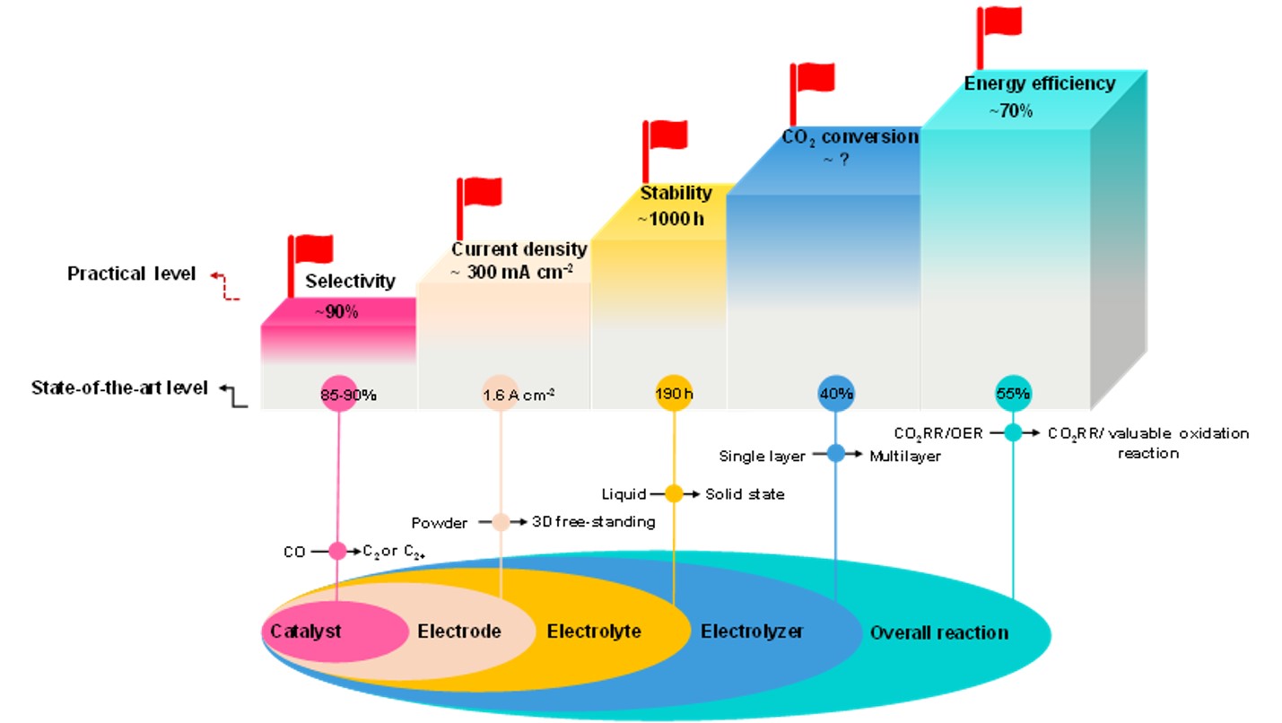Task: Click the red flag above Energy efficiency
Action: click(1000, 22)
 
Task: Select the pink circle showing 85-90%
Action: click(338, 393)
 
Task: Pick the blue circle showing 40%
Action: click(836, 393)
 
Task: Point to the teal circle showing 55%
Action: click(1014, 393)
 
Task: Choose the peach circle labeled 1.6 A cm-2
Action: click(500, 393)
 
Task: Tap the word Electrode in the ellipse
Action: click(458, 632)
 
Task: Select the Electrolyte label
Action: click(594, 632)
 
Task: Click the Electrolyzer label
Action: click(751, 632)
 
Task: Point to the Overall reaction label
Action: click(938, 633)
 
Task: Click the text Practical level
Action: click(131, 274)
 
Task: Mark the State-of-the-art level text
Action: click(119, 388)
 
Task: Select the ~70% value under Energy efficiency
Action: click(1010, 111)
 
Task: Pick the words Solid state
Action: click(745, 494)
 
